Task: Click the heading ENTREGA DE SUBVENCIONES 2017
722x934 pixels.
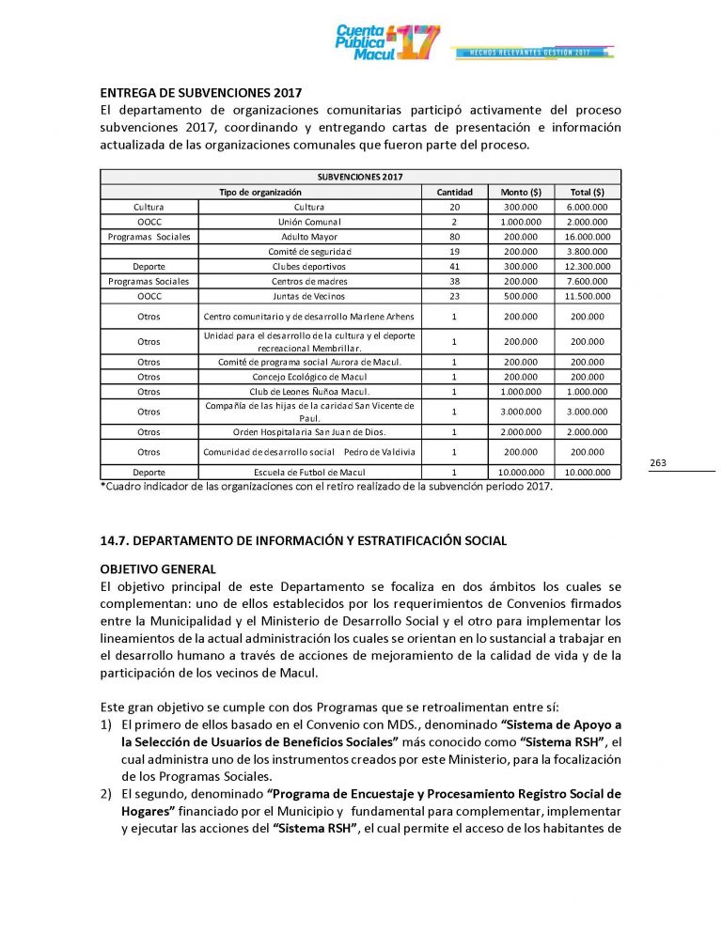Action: tap(200, 93)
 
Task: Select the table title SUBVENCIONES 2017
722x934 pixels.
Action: tap(360, 177)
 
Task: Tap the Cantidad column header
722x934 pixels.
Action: tap(454, 192)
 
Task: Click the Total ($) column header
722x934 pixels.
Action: tap(588, 192)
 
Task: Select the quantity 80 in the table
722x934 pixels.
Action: tap(454, 237)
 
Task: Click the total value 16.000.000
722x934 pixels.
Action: tap(588, 237)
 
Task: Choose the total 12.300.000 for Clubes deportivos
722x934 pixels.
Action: tap(588, 267)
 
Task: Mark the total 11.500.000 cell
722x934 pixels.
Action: tap(588, 296)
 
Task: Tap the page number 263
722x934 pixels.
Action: tap(658, 462)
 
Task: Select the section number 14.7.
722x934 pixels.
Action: tap(117, 540)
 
